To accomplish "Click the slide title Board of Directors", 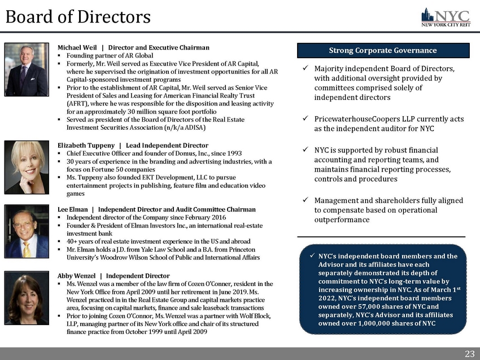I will click(x=78, y=16).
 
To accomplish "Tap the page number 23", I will click(x=469, y=354).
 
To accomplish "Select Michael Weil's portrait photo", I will click(x=27, y=70).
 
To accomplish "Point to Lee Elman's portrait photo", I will click(x=27, y=231).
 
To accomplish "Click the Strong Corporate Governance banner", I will click(x=382, y=50).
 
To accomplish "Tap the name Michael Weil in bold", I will click(x=77, y=47).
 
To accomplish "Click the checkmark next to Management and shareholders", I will click(x=305, y=201).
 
